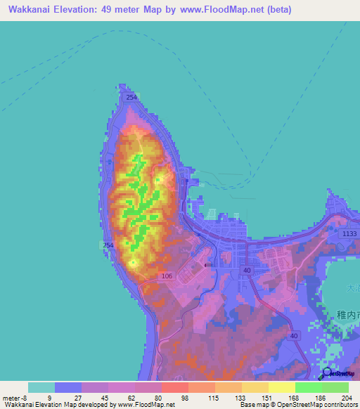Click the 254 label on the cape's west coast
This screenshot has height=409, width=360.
coord(108,245)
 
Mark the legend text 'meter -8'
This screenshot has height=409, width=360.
coord(13,397)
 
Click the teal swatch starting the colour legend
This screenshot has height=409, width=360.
coord(41,387)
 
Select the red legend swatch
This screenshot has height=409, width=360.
coord(174,387)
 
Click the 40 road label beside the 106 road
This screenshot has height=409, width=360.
coord(246,270)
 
